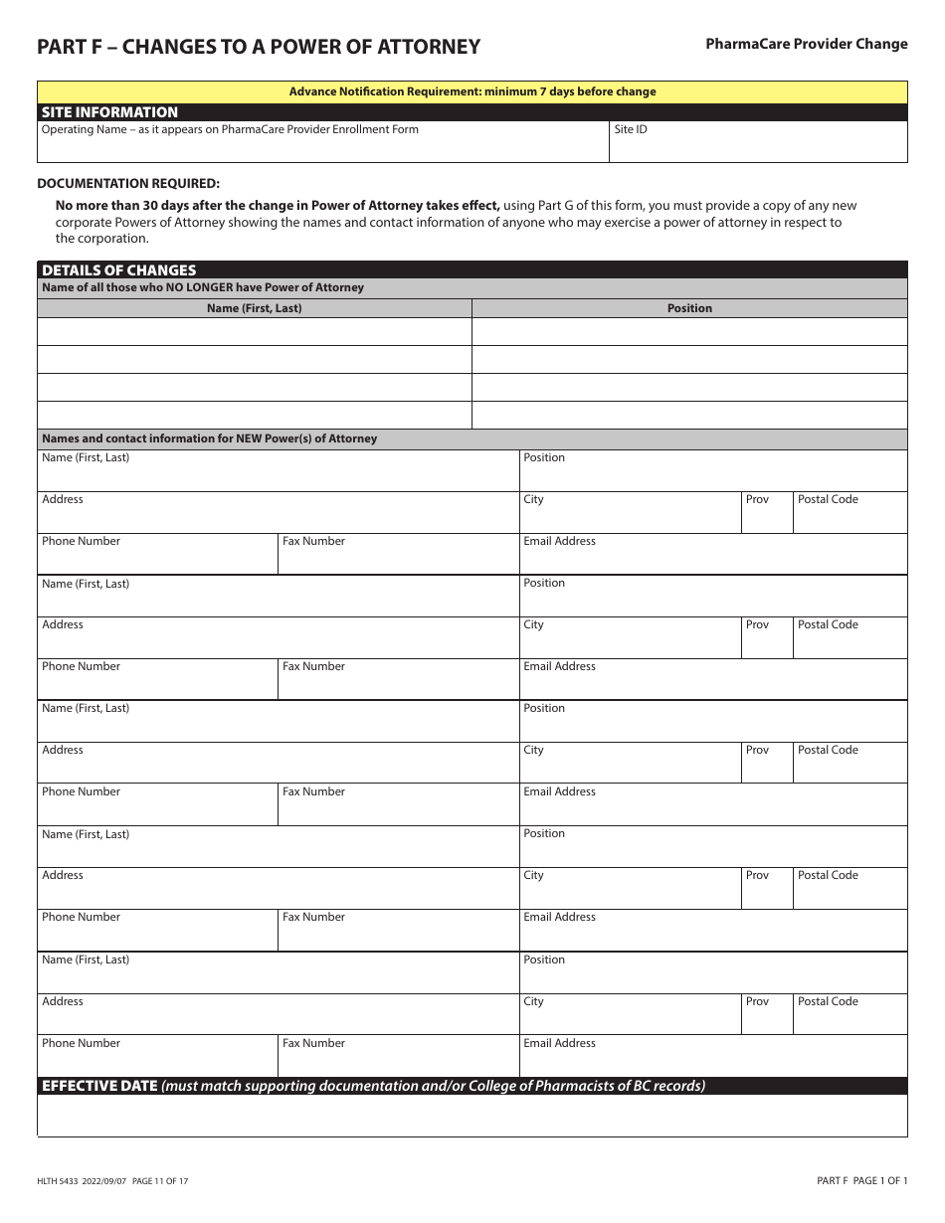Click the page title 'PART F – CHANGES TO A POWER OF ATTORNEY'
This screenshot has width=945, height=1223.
point(259,47)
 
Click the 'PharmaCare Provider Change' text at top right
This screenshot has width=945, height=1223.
point(806,44)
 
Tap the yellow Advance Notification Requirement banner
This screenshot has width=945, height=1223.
point(472,91)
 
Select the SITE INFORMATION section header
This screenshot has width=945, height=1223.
point(109,112)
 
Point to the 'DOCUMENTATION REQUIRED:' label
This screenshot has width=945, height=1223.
point(128,183)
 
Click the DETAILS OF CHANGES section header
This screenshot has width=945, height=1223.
point(119,269)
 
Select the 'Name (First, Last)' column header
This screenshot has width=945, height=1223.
point(254,308)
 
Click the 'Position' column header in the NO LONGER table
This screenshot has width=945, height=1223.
point(689,308)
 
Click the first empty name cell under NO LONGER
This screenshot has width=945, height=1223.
point(254,332)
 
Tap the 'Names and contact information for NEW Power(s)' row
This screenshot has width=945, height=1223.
point(210,438)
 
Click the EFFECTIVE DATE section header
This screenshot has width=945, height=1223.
point(99,1086)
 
